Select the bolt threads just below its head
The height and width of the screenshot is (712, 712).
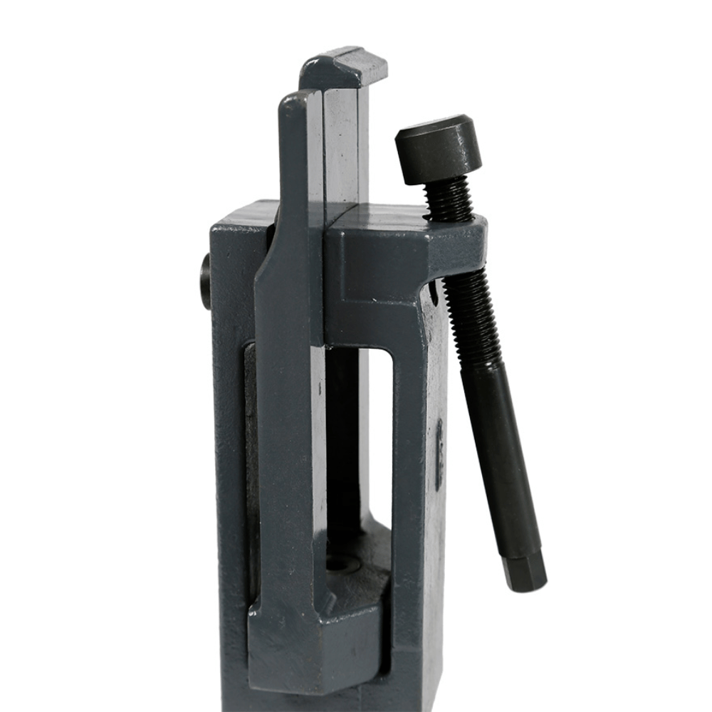tap(449, 199)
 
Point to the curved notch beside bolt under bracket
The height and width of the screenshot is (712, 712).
tap(433, 288)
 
